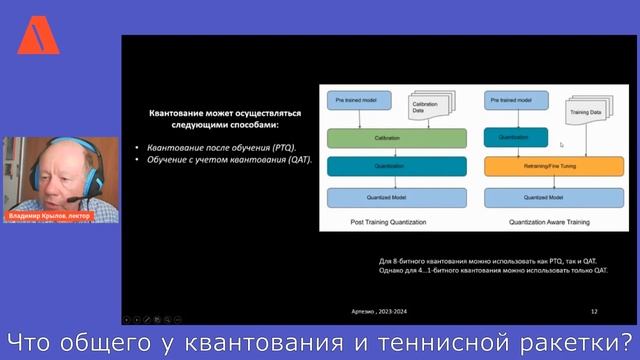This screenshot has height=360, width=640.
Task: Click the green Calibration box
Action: point(397,137)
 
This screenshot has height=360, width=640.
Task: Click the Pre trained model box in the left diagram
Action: point(353,100)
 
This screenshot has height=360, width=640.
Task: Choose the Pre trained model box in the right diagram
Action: point(507,100)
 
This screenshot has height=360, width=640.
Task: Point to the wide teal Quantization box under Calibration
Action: point(397,166)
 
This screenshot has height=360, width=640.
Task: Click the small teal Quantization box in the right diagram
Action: point(507,137)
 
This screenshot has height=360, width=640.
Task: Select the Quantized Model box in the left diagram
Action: point(397,198)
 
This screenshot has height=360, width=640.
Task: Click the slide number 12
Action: point(594,312)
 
